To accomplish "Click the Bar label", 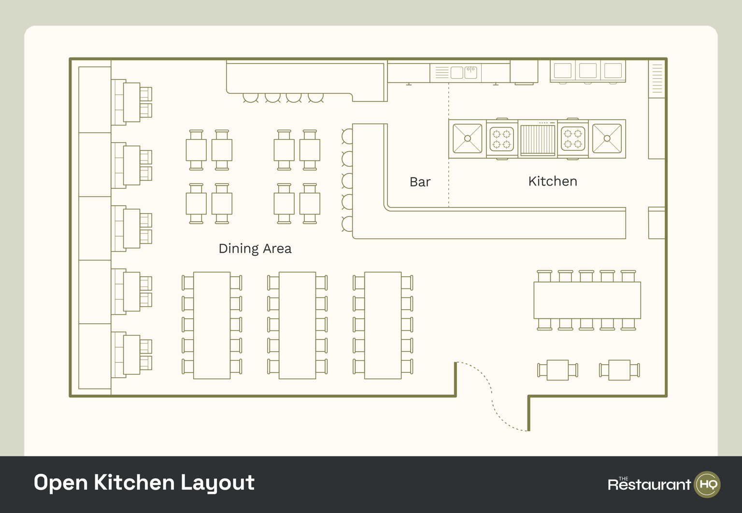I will tap(420, 182).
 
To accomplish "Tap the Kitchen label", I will tap(553, 181).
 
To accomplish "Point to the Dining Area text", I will tap(255, 248).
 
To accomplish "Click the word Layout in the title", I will tap(217, 483).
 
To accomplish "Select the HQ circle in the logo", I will tap(707, 484).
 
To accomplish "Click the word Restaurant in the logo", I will tap(649, 484).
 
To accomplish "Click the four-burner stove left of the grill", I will tap(501, 139).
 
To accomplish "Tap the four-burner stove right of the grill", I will tap(573, 139).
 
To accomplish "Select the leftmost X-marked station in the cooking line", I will tap(467, 139).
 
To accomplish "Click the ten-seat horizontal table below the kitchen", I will tap(587, 300).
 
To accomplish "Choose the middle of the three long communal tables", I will tap(298, 325).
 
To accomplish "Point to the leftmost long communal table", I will tap(212, 325).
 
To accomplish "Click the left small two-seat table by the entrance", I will tap(558, 370).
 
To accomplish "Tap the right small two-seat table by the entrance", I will tap(619, 370).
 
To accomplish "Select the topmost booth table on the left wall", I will tap(131, 102).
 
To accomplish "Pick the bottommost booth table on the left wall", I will tap(131, 355).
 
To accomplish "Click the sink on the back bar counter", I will tap(471, 72).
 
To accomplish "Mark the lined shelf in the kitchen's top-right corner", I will tap(657, 78).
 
